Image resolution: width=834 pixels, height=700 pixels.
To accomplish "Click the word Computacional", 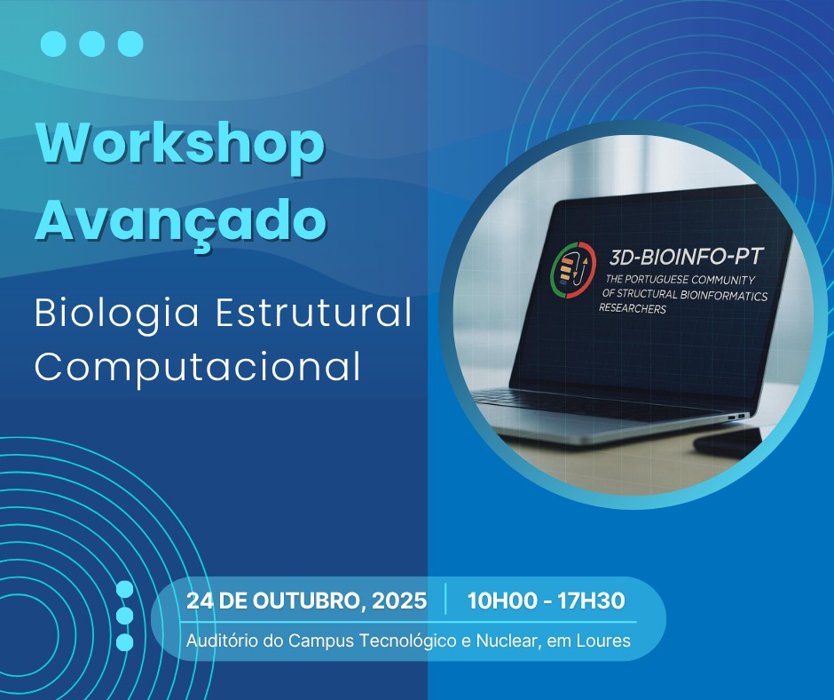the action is click(x=198, y=368).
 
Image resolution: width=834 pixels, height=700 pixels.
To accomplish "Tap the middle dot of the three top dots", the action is click(x=92, y=44).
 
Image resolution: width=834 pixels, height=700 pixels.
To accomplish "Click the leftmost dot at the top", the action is click(x=53, y=44).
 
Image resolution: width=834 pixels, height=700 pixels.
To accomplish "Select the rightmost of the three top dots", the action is click(x=130, y=44).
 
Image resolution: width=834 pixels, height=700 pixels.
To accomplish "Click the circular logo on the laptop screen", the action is click(x=573, y=269).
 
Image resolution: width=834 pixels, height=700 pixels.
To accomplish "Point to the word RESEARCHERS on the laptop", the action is click(x=633, y=308).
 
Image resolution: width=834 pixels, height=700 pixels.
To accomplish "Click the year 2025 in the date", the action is click(x=399, y=601).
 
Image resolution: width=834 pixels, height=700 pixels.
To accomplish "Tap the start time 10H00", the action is click(x=502, y=601).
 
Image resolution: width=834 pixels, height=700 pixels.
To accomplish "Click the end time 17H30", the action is click(x=591, y=601).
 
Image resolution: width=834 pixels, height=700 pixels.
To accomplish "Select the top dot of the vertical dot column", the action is click(x=124, y=590).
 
